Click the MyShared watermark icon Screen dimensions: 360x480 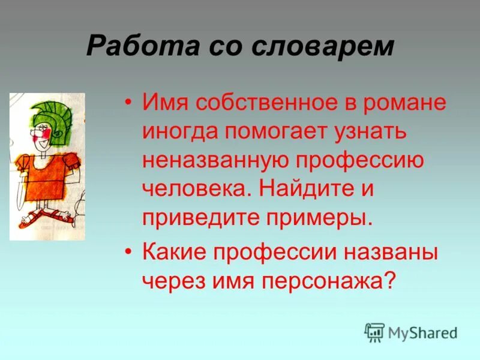pyautogui.click(x=374, y=332)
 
